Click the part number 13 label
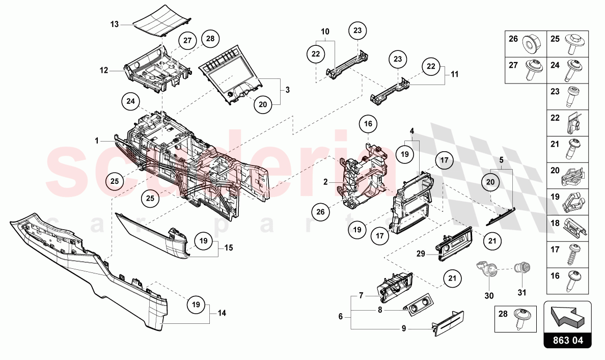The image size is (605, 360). click(x=115, y=24)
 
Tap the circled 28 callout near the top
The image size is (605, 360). click(x=210, y=39)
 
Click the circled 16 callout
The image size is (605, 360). click(x=368, y=124)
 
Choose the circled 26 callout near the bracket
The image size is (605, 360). click(x=320, y=211)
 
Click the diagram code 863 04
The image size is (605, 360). click(x=567, y=340)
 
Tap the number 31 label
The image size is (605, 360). click(x=522, y=293)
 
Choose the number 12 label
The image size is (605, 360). click(x=104, y=71)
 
